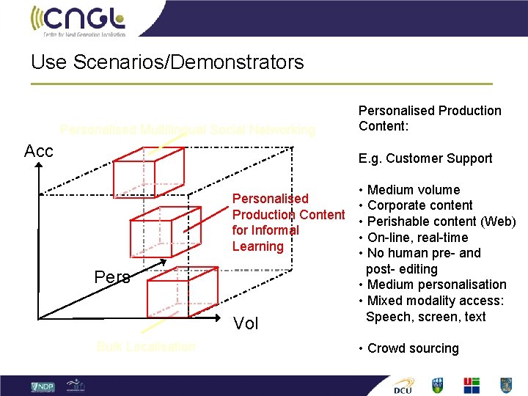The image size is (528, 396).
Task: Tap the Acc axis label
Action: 38,152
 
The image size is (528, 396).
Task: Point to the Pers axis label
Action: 112,277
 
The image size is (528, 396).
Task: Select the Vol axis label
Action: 246,323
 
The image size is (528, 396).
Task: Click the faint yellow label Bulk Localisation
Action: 146,346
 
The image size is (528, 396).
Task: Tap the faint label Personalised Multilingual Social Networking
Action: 188,131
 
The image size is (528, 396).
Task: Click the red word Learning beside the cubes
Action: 257,246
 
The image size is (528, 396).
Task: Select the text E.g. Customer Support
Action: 425,158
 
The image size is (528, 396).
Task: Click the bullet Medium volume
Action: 414,190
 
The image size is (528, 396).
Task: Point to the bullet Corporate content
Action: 419,205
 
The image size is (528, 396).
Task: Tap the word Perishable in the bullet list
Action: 400,221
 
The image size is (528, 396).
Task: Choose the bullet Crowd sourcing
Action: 412,348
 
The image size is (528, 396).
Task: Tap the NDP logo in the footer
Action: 43,386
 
